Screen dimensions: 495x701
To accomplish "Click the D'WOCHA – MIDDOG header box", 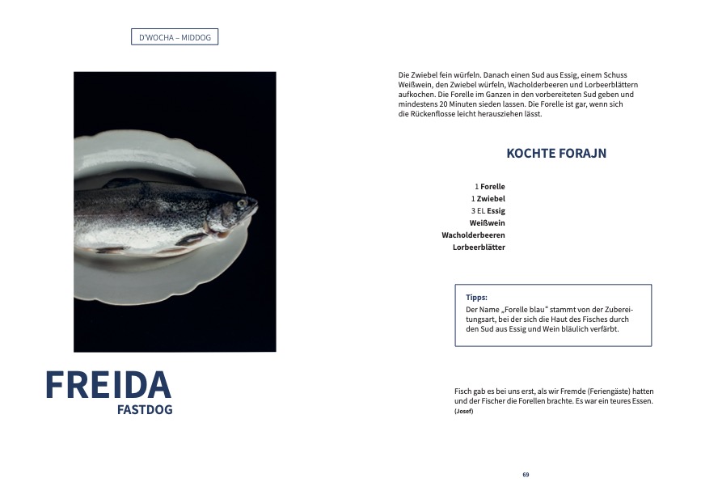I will pyautogui.click(x=175, y=37).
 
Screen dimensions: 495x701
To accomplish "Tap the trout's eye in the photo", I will pyautogui.click(x=241, y=202).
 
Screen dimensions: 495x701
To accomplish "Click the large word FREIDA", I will pyautogui.click(x=108, y=385).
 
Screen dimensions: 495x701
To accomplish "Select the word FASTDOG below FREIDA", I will pyautogui.click(x=145, y=409).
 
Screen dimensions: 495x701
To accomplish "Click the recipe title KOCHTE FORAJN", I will pyautogui.click(x=556, y=153).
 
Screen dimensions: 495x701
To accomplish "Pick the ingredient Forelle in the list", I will pyautogui.click(x=492, y=187).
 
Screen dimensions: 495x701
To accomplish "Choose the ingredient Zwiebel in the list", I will pyautogui.click(x=492, y=199).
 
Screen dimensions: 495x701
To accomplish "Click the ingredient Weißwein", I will pyautogui.click(x=487, y=223).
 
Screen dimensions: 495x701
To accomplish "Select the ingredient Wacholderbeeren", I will pyautogui.click(x=473, y=235).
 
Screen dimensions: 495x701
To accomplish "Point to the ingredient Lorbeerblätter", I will pyautogui.click(x=479, y=247).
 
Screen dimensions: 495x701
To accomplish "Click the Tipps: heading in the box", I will pyautogui.click(x=477, y=298).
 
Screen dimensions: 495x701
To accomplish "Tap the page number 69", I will pyautogui.click(x=526, y=475).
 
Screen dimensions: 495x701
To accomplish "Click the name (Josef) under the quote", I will pyautogui.click(x=464, y=412).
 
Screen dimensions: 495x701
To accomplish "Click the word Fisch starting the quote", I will pyautogui.click(x=463, y=391).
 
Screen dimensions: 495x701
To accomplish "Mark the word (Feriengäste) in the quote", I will pyautogui.click(x=587, y=391).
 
